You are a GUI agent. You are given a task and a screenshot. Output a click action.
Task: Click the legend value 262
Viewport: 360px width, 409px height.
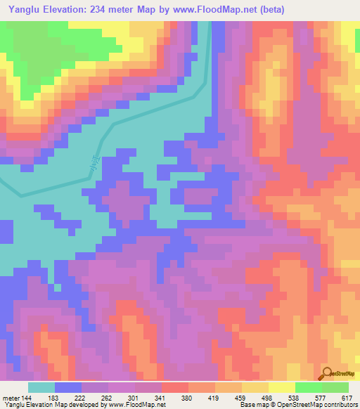pyautogui.click(x=106, y=397)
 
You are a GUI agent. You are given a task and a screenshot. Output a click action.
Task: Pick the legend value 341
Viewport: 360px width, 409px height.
pyautogui.click(x=160, y=397)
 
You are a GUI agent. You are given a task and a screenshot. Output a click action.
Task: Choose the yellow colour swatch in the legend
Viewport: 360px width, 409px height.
pyautogui.click(x=281, y=387)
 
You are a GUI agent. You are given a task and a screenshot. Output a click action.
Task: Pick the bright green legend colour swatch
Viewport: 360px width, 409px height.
pyautogui.click(x=308, y=387)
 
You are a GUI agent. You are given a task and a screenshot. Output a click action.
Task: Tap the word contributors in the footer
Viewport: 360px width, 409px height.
pyautogui.click(x=338, y=405)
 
